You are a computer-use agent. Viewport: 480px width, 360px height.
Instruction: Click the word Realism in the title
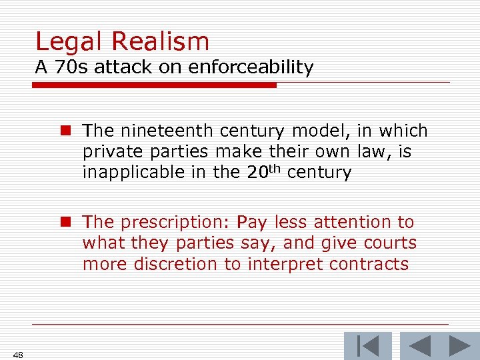point(161,41)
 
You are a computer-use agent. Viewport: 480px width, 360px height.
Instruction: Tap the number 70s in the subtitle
point(78,67)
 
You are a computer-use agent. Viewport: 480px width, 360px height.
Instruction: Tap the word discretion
point(175,264)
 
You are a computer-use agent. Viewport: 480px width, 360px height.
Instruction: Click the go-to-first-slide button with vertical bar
point(367,346)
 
